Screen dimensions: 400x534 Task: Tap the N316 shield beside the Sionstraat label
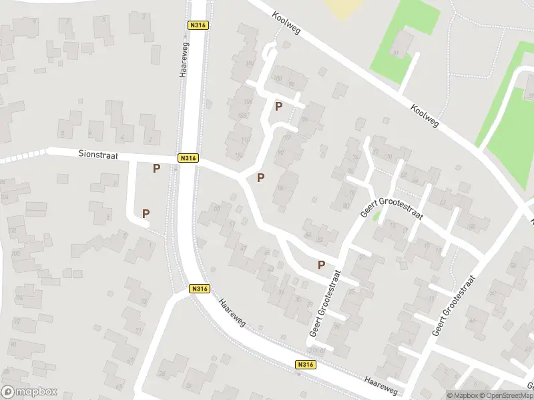[x=188, y=158]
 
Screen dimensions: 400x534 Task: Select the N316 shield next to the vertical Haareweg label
[x=199, y=25]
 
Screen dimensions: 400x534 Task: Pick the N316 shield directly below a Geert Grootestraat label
[x=305, y=365]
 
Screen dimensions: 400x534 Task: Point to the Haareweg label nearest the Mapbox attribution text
[x=381, y=385]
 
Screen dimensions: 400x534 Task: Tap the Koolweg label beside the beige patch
[x=286, y=25]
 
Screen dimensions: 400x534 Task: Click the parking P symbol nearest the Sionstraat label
[x=156, y=169]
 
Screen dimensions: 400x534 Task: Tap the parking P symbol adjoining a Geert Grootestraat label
[x=321, y=265]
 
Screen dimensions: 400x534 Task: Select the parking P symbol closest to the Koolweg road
[x=278, y=106]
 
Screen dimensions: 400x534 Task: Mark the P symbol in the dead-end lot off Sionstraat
[x=146, y=213]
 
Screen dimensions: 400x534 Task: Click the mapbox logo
[x=29, y=392]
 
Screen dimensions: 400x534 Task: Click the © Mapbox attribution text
[x=463, y=395]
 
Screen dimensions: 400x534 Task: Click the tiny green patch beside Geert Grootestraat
[x=377, y=215]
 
